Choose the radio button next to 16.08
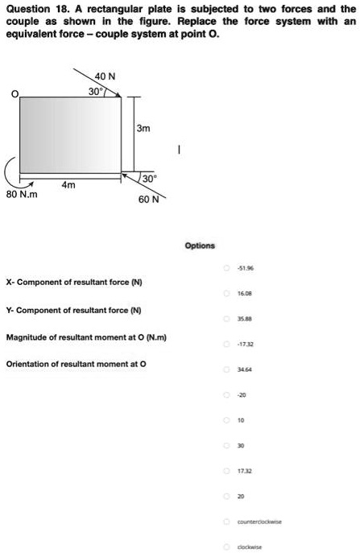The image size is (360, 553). (x=228, y=295)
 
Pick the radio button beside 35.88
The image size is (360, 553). (x=228, y=318)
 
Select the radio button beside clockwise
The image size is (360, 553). (x=228, y=544)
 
